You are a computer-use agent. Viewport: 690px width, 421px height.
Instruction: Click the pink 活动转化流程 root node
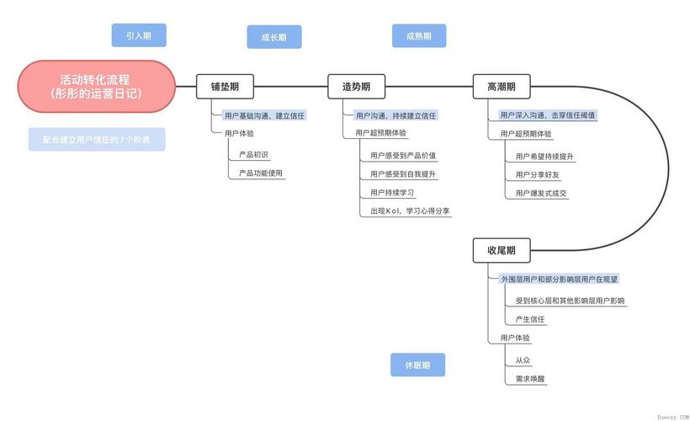click(x=96, y=86)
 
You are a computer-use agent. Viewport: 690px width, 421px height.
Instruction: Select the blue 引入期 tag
click(x=139, y=35)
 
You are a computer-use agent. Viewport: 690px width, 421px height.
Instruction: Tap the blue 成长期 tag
click(x=273, y=37)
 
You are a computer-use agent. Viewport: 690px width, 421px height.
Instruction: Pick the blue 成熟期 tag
click(x=418, y=35)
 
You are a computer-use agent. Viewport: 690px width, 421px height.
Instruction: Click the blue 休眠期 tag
click(x=417, y=365)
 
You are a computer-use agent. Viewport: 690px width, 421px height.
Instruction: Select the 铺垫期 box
click(x=225, y=86)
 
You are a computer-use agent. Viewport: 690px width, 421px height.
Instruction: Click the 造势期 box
click(x=356, y=86)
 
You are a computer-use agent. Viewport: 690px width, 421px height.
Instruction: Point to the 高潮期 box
click(x=501, y=86)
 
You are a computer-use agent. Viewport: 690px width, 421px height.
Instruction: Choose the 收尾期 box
click(x=501, y=250)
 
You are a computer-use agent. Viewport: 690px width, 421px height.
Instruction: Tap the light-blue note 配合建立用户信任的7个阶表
click(x=97, y=140)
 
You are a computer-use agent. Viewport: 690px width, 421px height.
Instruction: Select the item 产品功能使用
click(x=261, y=173)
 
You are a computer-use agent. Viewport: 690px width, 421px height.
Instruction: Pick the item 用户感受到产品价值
click(x=403, y=155)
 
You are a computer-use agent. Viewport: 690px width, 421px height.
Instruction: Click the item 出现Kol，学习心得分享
click(x=410, y=211)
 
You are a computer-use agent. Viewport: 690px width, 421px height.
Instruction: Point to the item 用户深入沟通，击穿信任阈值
click(x=548, y=115)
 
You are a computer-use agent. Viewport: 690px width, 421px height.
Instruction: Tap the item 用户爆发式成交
click(x=541, y=193)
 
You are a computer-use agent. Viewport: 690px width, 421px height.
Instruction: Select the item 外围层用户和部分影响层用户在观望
click(x=560, y=278)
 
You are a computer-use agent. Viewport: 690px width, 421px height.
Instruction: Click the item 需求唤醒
click(x=530, y=378)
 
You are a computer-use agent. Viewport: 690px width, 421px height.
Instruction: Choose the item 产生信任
click(x=530, y=319)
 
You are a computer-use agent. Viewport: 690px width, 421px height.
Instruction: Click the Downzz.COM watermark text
click(x=672, y=416)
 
